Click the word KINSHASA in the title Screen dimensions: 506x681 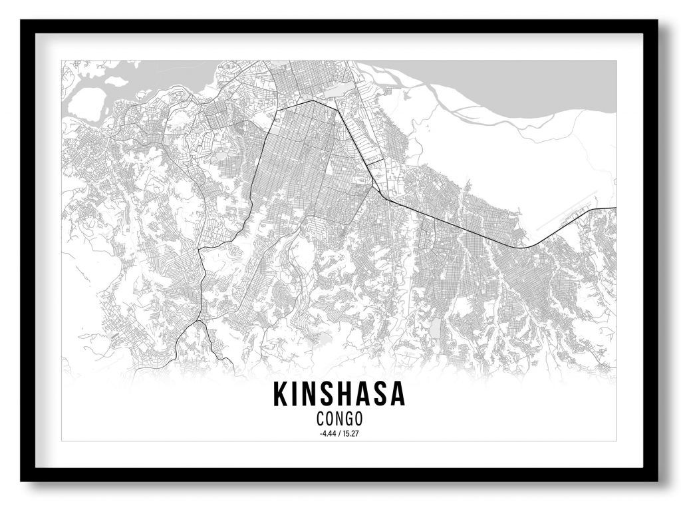[339, 395]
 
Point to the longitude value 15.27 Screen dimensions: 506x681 [351, 434]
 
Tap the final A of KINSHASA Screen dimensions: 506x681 [397, 395]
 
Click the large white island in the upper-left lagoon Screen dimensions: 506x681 [86, 103]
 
